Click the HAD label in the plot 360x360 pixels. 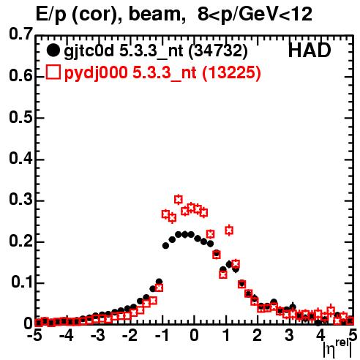click(x=310, y=50)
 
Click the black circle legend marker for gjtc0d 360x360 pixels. click(x=53, y=50)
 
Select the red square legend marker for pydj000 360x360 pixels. click(x=53, y=72)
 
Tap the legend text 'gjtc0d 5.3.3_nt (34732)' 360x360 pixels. click(x=156, y=51)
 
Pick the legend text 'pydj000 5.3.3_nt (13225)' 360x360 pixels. click(x=162, y=73)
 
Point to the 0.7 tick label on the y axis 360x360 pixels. click(x=20, y=34)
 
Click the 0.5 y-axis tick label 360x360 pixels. click(x=20, y=117)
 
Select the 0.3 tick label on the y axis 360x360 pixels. click(x=20, y=200)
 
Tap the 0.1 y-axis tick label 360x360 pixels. click(x=21, y=282)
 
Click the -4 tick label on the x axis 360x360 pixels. click(x=67, y=336)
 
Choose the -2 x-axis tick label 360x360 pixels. click(x=130, y=336)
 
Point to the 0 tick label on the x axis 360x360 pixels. click(x=194, y=336)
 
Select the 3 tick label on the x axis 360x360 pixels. click(x=290, y=336)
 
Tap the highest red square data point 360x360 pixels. click(x=179, y=200)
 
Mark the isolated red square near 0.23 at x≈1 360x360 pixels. click(x=229, y=230)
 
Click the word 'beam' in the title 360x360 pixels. click(x=154, y=14)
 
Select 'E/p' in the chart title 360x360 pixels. click(x=51, y=15)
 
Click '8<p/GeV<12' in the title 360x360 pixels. click(x=255, y=14)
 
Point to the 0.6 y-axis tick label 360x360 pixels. click(x=20, y=76)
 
